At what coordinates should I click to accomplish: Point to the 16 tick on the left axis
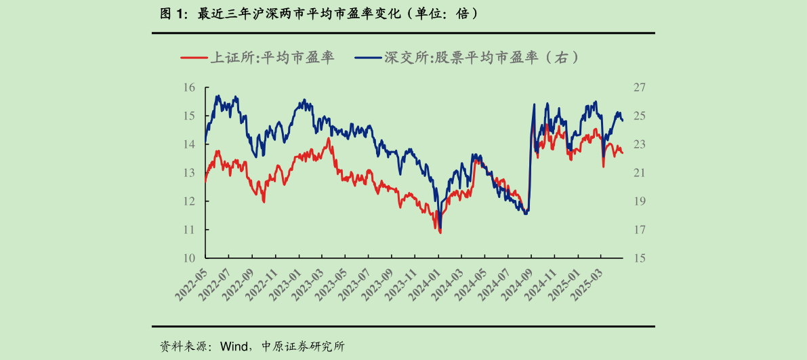click(x=189, y=87)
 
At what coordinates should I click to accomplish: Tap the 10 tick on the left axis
click(x=189, y=258)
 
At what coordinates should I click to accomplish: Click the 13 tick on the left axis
click(x=189, y=173)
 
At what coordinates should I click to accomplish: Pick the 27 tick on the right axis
click(x=639, y=87)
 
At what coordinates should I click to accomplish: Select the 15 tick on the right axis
click(x=639, y=258)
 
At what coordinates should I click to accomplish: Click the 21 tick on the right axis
click(x=639, y=173)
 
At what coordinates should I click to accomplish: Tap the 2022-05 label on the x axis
click(x=191, y=283)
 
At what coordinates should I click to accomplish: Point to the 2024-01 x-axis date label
click(x=424, y=283)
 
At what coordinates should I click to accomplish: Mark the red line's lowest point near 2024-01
click(x=440, y=233)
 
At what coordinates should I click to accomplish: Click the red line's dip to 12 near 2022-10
click(x=264, y=201)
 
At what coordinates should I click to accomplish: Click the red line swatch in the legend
click(x=193, y=58)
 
